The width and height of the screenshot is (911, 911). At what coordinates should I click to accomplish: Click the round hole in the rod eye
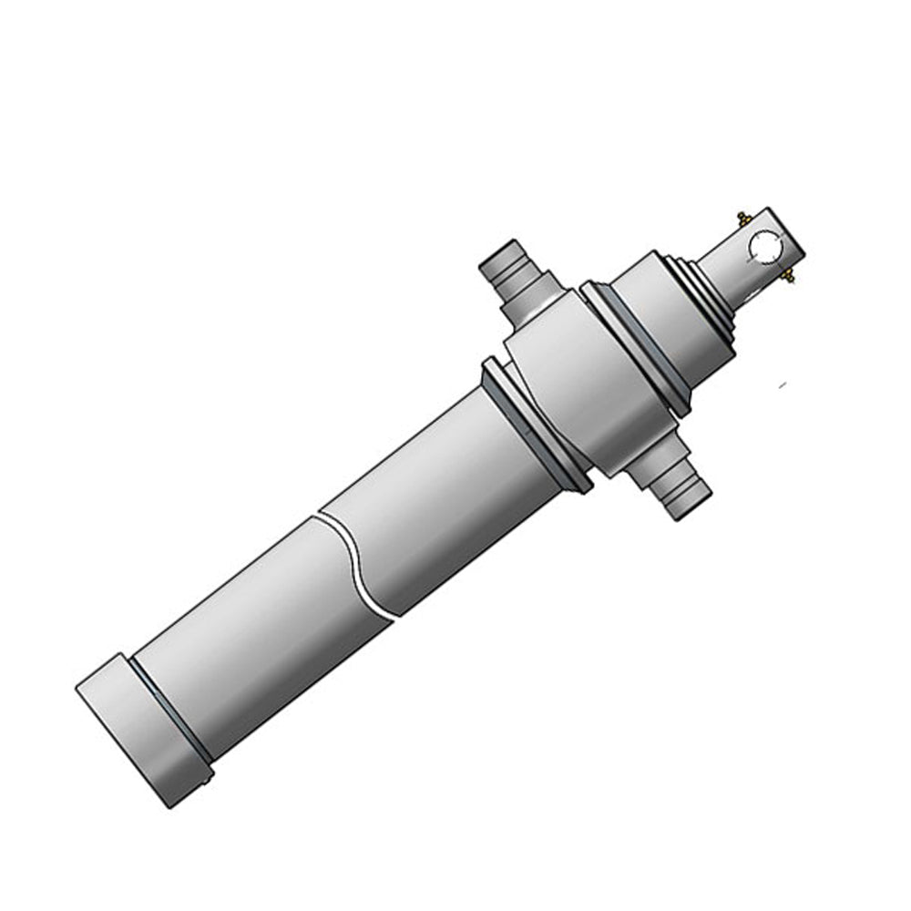763,245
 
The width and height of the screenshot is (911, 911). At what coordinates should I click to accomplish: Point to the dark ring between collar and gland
638,342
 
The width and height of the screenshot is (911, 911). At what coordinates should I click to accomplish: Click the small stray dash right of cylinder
780,387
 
